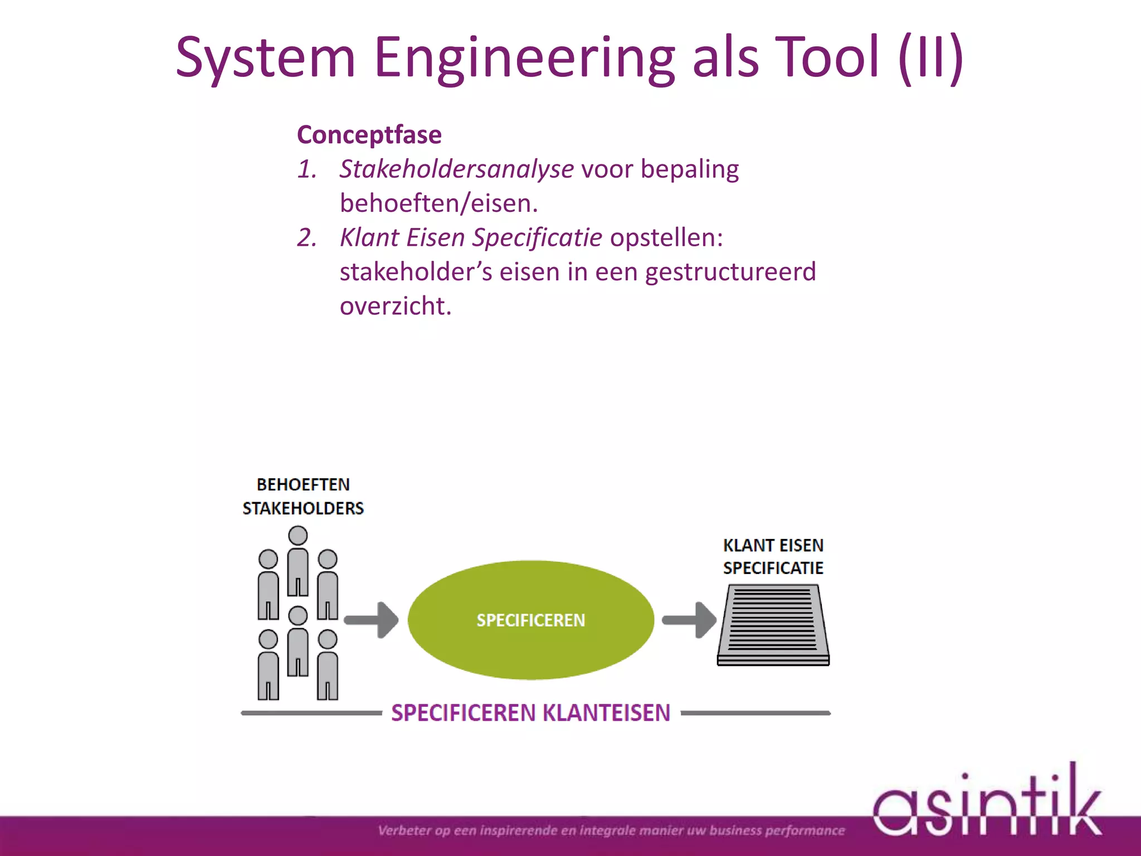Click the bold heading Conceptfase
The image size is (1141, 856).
click(x=369, y=135)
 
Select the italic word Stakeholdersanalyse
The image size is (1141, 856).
click(x=456, y=169)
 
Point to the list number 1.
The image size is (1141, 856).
click(x=306, y=169)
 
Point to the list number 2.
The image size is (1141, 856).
click(x=306, y=238)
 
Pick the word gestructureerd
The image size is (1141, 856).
click(x=730, y=272)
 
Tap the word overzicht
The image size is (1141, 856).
click(x=395, y=306)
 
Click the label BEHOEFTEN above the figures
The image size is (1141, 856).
click(x=303, y=485)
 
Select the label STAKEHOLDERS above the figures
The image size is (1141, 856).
click(x=303, y=508)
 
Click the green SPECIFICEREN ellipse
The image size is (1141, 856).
click(x=530, y=620)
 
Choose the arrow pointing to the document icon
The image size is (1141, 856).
click(x=689, y=620)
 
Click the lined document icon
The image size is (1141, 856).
click(x=773, y=624)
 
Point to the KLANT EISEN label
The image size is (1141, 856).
click(x=773, y=545)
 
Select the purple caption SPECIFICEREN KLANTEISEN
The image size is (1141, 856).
click(x=530, y=713)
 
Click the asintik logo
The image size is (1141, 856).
click(x=986, y=805)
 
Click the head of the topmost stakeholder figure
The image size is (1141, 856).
click(x=298, y=536)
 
